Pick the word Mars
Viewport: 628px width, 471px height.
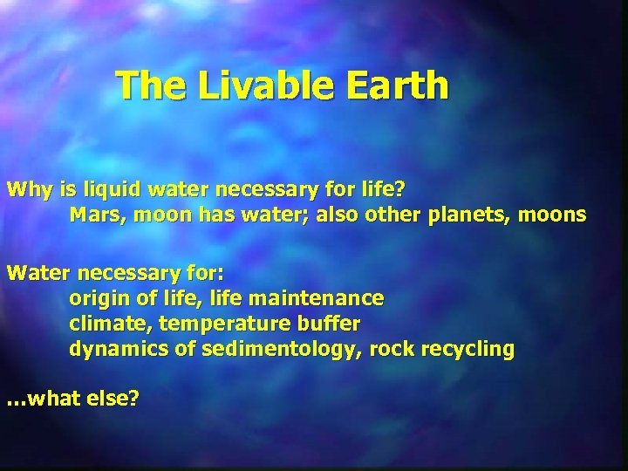click(x=94, y=215)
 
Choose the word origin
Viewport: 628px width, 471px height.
click(x=96, y=299)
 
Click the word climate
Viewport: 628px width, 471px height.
click(x=103, y=324)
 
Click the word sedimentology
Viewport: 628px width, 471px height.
click(x=276, y=350)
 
